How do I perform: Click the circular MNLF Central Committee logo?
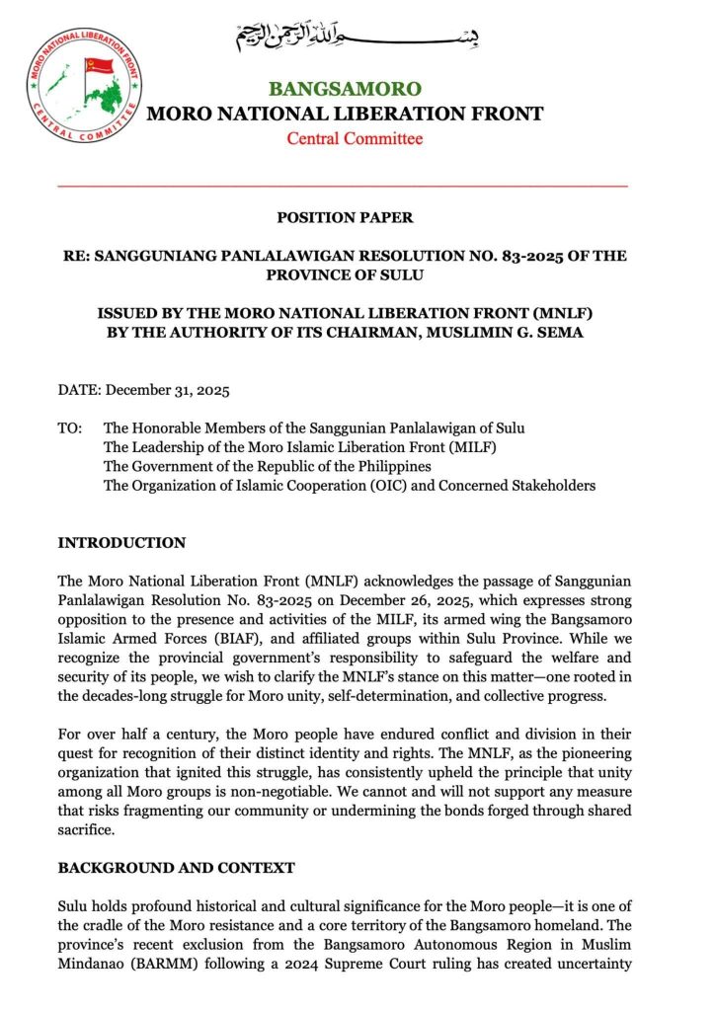tap(84, 86)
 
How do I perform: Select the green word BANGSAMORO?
tap(345, 89)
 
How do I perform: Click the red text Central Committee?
tap(355, 138)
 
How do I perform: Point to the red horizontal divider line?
tap(343, 186)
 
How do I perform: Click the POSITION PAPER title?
tap(345, 217)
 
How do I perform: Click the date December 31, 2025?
tap(167, 389)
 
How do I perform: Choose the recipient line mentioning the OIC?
tap(349, 485)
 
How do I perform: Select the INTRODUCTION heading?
tap(121, 543)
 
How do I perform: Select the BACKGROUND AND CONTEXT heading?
tap(176, 868)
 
